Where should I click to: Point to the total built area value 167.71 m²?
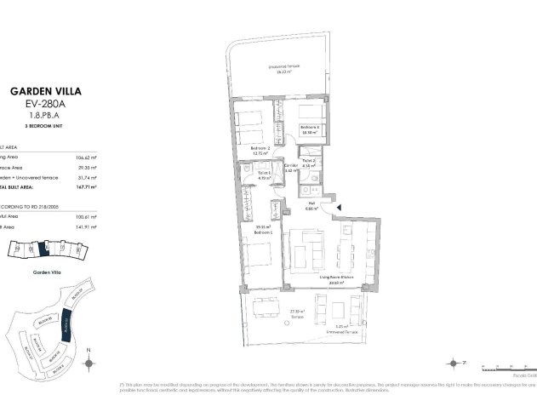coord(85,186)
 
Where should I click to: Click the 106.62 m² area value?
coord(85,157)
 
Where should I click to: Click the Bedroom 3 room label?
coord(309,129)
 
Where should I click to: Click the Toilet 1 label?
coord(263,175)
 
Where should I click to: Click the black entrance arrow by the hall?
coord(339,206)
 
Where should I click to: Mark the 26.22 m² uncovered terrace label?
coord(283,68)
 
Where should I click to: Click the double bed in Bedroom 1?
coord(254,256)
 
